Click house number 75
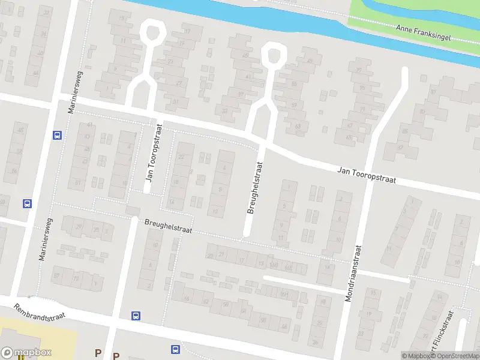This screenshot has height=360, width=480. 362,88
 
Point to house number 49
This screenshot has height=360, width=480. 310,61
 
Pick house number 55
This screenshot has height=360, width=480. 294,83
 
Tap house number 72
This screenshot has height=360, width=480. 76,278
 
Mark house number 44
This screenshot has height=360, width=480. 35,73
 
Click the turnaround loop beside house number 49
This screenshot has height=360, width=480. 273,55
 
